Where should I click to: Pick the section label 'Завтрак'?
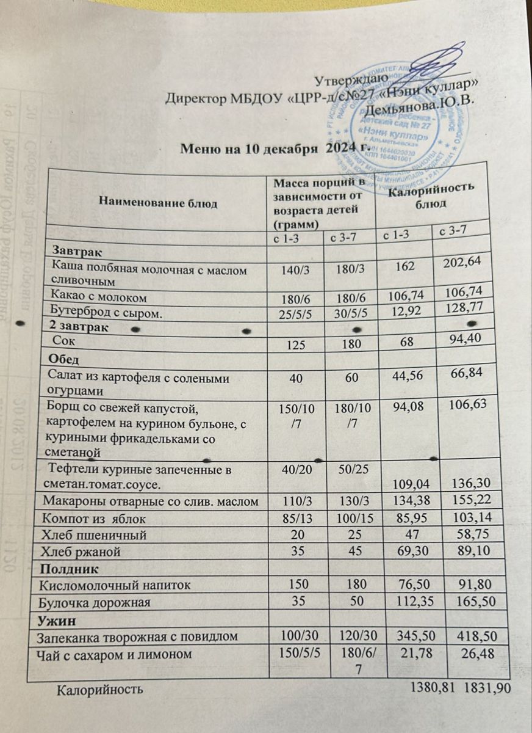point(76,252)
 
